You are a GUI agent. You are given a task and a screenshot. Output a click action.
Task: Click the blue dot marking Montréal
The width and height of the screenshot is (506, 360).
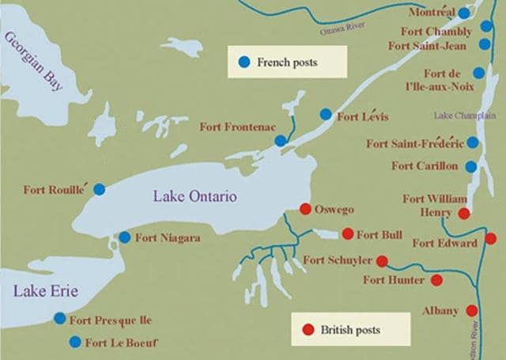464,13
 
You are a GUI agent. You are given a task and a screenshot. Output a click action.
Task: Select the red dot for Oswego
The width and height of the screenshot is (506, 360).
304,209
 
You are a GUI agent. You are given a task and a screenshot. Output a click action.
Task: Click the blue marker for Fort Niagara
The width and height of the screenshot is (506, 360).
124,237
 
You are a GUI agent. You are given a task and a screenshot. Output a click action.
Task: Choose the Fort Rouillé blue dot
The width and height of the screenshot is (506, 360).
99,189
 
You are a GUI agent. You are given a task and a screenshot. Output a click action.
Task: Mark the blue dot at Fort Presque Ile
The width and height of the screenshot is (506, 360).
60,318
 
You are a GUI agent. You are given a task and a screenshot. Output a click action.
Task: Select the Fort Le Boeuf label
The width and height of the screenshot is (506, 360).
122,343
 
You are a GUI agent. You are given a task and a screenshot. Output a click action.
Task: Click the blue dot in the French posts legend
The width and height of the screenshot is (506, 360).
244,61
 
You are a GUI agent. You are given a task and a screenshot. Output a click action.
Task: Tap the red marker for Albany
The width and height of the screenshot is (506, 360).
472,311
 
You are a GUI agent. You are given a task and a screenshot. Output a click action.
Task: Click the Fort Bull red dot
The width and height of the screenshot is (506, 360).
347,233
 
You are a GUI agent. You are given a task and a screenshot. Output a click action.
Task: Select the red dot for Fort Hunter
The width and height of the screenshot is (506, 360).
436,280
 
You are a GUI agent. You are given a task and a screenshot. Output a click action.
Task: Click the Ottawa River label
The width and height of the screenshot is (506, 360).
345,31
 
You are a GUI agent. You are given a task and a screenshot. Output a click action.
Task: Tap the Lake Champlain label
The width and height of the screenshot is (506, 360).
464,116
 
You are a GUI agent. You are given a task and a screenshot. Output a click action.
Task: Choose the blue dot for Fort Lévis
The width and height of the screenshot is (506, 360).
326,114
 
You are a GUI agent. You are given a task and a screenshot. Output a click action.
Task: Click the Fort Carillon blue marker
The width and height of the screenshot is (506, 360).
470,167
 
